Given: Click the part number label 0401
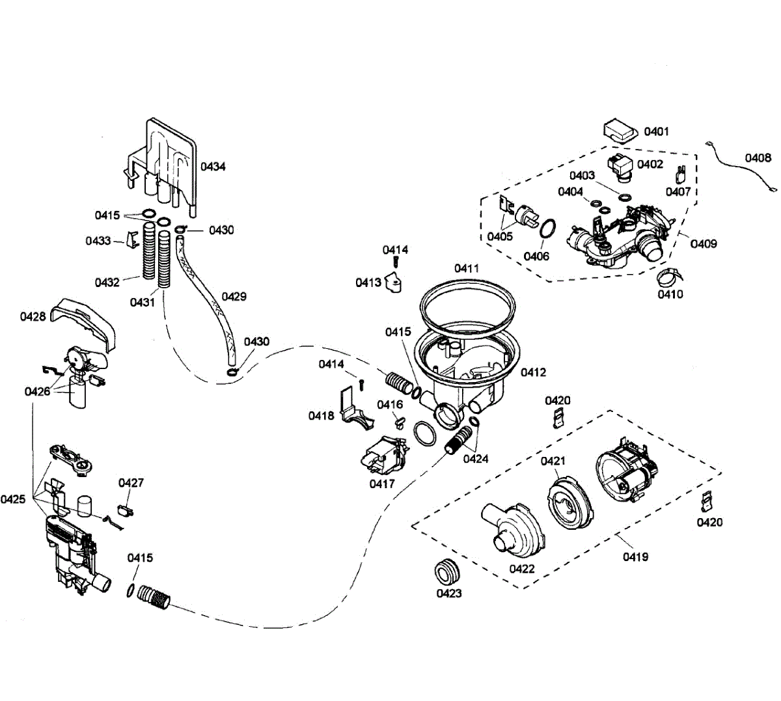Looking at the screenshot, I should pos(656,132).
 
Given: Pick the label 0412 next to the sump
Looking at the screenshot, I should pos(533,372).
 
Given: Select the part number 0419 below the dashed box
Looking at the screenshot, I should pos(635,557).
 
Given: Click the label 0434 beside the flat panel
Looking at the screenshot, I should pos(213,167).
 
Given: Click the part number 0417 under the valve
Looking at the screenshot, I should pos(382,484).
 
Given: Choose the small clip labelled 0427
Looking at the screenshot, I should pos(126,510).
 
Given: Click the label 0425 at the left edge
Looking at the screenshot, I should pos(13,499).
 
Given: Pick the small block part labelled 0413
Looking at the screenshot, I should pos(393,283).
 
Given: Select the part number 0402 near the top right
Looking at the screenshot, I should pos(650,164).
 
